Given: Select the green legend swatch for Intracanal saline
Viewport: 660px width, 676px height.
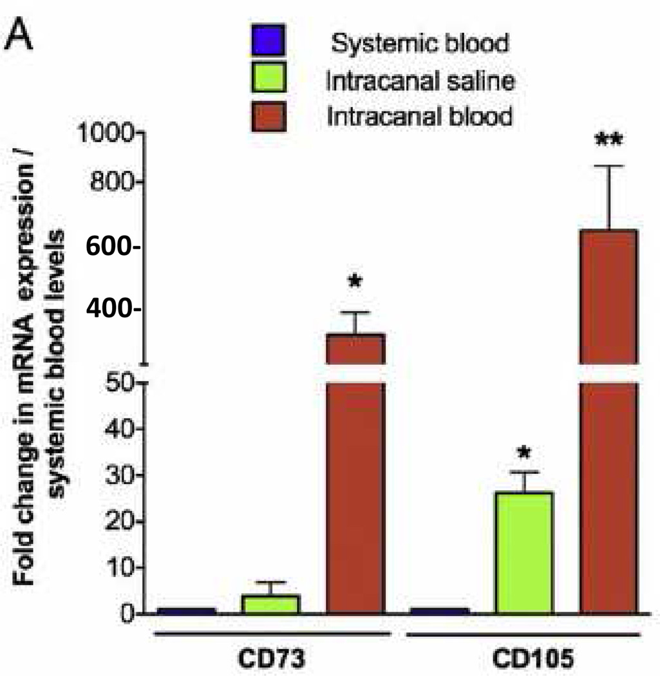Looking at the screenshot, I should pos(269,81).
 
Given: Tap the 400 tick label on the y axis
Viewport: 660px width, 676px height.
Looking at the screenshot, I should pos(113,310).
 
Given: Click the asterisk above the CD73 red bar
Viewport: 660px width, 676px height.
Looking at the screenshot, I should pos(355,281).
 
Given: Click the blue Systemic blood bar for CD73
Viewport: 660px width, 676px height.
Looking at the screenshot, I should pos(186,610).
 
